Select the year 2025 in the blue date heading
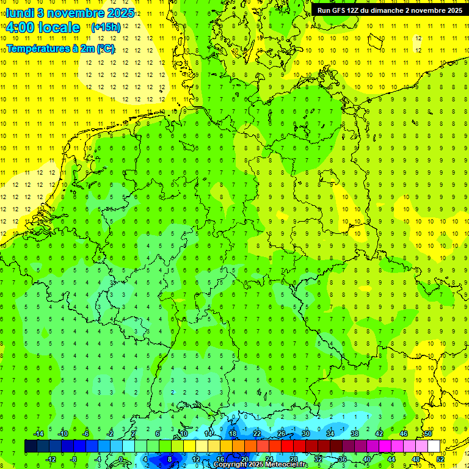pyautogui.click(x=120, y=12)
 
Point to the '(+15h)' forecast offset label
pyautogui.click(x=106, y=27)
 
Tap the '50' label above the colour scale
pyautogui.click(x=428, y=434)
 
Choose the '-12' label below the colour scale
pyautogui.click(x=51, y=459)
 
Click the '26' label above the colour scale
pyautogui.click(x=281, y=434)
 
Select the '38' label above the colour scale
pyautogui.click(x=355, y=434)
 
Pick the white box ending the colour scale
pyautogui.click(x=434, y=446)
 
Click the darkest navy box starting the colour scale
pyautogui.click(x=31, y=446)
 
